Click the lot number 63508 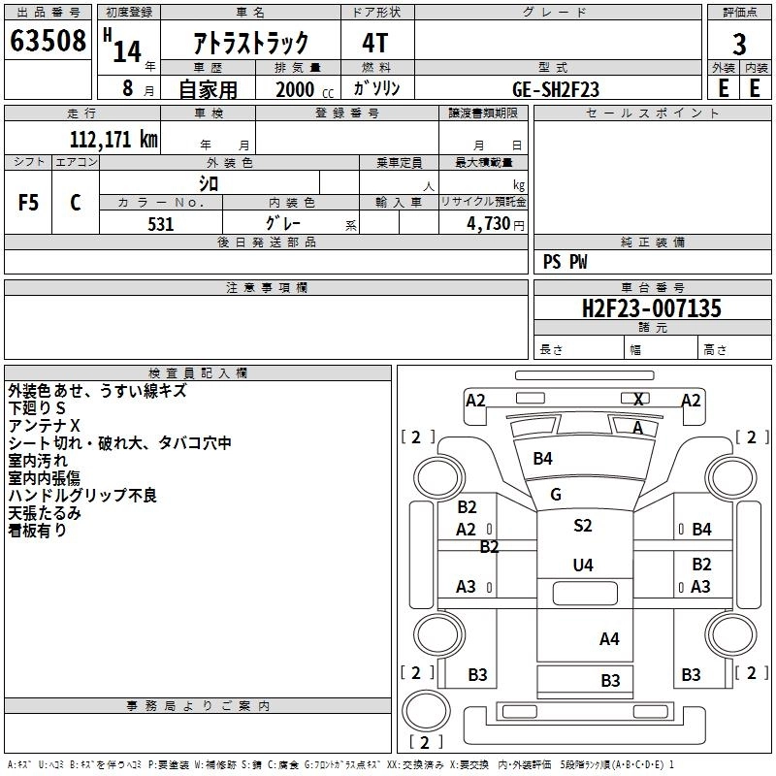48,40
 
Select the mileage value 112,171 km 113,139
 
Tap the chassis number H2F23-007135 651,308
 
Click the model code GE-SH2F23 556,89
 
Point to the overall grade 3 739,45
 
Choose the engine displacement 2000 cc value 305,89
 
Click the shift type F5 28,203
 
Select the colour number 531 161,224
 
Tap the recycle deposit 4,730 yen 496,224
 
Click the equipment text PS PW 565,261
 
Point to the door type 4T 375,43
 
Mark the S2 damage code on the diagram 583,525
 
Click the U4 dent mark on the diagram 583,565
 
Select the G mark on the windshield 555,494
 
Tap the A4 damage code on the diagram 609,639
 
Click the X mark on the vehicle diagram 638,400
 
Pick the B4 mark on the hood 542,458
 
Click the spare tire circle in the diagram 426,710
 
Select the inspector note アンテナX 44,426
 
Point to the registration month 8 128,88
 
